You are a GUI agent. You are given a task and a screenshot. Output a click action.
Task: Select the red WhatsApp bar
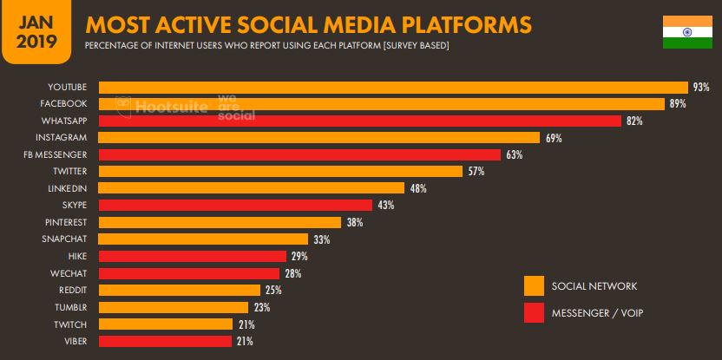point(359,121)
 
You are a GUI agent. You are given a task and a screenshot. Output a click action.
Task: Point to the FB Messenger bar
point(299,154)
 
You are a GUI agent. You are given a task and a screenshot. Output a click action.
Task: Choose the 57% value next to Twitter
point(476,172)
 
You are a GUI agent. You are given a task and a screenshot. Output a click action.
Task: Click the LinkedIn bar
point(252,188)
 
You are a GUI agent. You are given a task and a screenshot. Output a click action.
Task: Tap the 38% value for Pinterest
point(354,222)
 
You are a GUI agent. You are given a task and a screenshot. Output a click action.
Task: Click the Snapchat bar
point(203,239)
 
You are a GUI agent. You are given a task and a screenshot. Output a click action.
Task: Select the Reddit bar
point(180,290)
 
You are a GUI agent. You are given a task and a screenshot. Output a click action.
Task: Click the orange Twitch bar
point(166,324)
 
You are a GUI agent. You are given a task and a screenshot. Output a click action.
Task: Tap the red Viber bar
point(166,341)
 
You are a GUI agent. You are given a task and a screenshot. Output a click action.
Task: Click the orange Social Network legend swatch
point(534,285)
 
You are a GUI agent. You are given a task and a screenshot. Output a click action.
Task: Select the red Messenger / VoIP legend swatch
point(534,312)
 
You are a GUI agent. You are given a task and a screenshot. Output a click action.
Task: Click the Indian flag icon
point(680,32)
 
